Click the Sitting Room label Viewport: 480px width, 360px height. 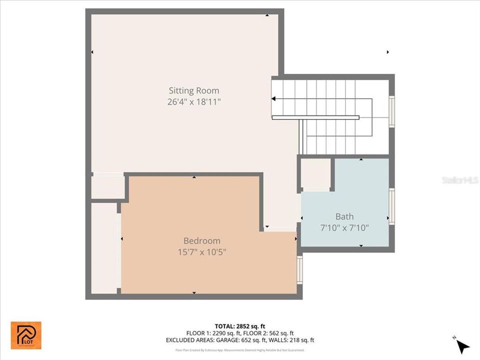click(x=193, y=90)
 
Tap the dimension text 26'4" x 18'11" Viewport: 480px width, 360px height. click(x=193, y=102)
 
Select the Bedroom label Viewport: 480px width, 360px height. click(x=201, y=240)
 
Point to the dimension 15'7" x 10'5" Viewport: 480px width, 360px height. click(x=201, y=252)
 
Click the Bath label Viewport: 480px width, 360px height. click(x=344, y=216)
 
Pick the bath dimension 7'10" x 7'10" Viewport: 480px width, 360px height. click(x=344, y=228)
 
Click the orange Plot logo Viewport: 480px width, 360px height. click(x=26, y=335)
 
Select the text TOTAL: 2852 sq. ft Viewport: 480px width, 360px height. click(x=239, y=325)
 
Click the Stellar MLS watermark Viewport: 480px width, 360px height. click(x=460, y=179)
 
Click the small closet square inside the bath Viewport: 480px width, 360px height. click(x=315, y=173)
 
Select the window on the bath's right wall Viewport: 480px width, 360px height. click(x=391, y=206)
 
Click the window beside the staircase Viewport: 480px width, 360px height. click(x=391, y=111)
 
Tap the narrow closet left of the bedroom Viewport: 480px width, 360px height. click(x=104, y=247)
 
